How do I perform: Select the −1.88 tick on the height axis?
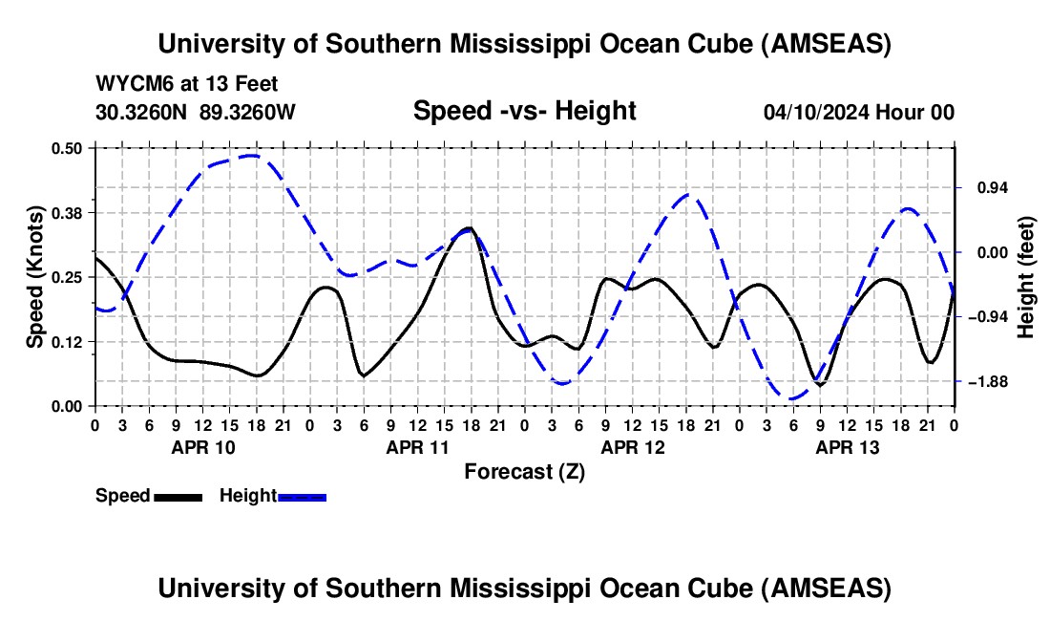pos(987,381)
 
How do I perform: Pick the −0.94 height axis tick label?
pos(987,317)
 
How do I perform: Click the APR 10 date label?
pos(203,447)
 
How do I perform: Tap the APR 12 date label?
pos(633,447)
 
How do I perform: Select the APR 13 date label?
pos(848,447)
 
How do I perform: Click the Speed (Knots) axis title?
pos(34,276)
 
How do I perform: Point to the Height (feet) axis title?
pos(1026,276)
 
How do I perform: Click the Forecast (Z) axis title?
pos(524,471)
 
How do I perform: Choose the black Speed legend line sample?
pos(178,496)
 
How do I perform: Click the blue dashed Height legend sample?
pos(302,496)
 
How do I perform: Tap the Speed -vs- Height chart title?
pos(524,111)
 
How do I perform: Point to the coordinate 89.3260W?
pos(247,112)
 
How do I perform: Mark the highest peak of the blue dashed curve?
pos(250,155)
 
